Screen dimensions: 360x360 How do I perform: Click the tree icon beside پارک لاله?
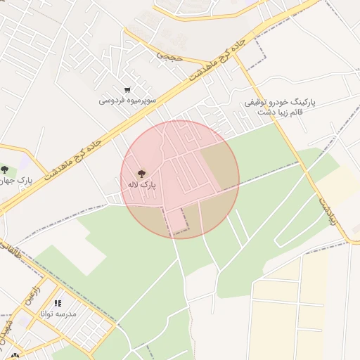(141, 173)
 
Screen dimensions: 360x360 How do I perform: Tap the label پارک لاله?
(141, 184)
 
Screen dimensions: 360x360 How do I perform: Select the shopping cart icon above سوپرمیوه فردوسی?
(127, 89)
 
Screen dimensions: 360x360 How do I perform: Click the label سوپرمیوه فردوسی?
(127, 101)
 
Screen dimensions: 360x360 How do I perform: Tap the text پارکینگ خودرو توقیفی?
(280, 102)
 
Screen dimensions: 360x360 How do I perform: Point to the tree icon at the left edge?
(4, 169)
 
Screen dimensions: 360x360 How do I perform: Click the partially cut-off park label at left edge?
(20, 181)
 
